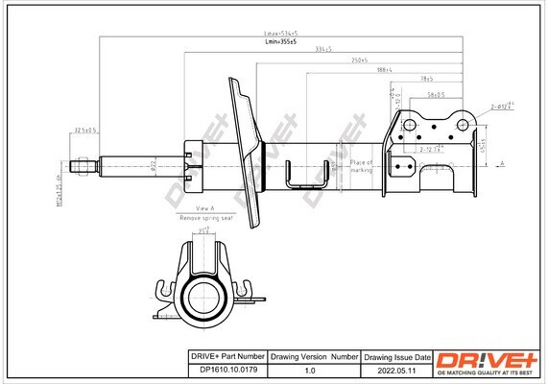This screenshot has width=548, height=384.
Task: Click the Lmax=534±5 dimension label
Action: click(282, 34)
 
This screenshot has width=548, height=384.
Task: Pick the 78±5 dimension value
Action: click(426, 79)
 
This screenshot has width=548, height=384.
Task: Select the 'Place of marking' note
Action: click(362, 166)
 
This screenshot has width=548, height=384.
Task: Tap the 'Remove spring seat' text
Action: click(206, 219)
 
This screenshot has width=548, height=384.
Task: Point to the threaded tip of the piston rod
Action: click(84, 165)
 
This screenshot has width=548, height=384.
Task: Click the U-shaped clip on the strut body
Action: click(310, 177)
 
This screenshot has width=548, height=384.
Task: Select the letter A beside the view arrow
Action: click(503, 164)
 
